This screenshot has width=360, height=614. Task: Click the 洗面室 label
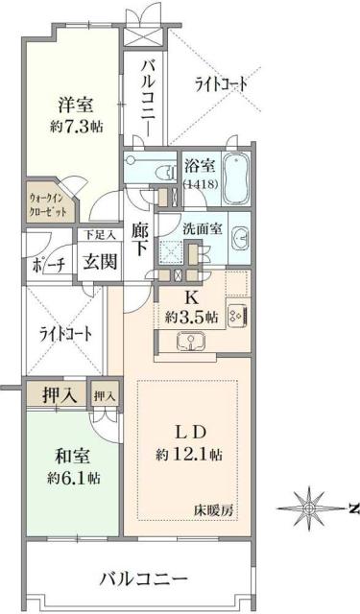[x=204, y=230]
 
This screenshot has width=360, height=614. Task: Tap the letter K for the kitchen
[x=190, y=297]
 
